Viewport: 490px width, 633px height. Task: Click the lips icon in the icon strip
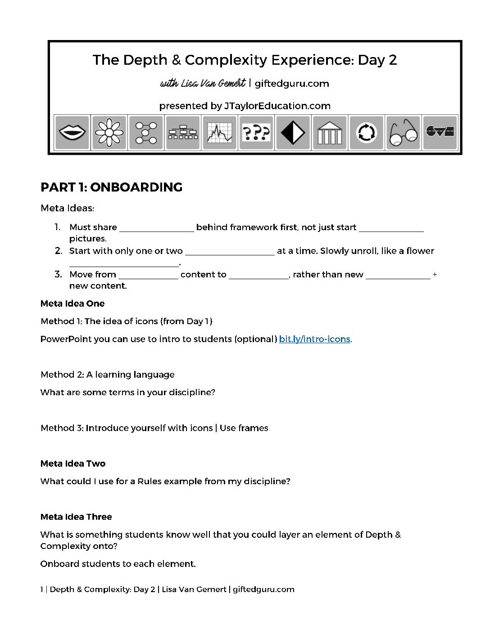click(72, 133)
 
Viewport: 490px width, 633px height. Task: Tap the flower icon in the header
click(109, 133)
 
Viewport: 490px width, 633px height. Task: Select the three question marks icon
click(256, 133)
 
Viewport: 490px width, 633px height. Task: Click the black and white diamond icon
click(293, 133)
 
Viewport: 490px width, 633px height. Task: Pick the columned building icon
click(330, 133)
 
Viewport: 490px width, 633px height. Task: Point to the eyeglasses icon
click(403, 133)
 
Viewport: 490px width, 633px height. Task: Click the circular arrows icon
click(366, 133)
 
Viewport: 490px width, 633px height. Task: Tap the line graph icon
click(219, 133)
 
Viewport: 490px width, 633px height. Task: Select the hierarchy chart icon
click(182, 133)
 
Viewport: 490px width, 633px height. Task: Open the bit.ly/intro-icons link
click(314, 339)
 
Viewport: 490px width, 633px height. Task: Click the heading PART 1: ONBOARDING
click(111, 187)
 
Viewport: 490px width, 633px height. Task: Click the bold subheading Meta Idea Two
click(73, 464)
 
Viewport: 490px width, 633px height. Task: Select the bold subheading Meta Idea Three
click(76, 517)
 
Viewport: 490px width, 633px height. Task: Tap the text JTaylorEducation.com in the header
click(277, 106)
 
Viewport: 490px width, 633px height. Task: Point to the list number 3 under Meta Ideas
click(58, 274)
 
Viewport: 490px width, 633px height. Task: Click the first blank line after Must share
click(156, 229)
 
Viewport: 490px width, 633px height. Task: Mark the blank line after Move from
click(148, 276)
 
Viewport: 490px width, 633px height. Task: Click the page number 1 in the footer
click(42, 589)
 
